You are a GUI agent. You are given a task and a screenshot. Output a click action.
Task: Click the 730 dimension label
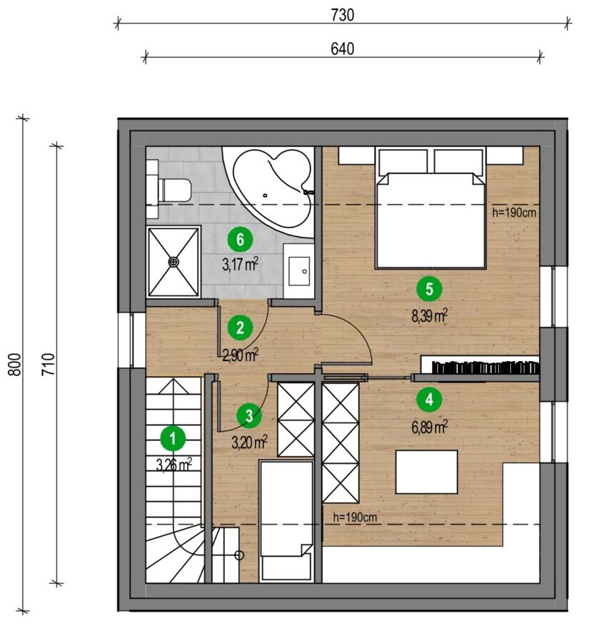pos(343,15)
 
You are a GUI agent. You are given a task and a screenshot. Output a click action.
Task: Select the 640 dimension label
pos(343,49)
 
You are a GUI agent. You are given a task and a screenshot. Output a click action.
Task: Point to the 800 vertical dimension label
pos(15,364)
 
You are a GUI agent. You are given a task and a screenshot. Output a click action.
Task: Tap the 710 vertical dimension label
pos(49,364)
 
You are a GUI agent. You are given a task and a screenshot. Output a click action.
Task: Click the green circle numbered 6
pos(240,240)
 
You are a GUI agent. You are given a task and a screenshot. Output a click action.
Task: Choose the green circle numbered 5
pos(429,289)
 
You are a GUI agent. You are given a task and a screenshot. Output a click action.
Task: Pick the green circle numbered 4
pos(429,400)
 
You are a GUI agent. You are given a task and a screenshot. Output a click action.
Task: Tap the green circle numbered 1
pos(173,439)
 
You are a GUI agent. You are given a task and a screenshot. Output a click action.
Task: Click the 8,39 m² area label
pos(430,316)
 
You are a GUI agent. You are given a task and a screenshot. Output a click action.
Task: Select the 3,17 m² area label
pos(240,264)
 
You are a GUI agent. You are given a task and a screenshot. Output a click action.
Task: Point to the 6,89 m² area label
pos(430,427)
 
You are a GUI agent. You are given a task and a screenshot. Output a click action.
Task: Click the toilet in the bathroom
pos(174,191)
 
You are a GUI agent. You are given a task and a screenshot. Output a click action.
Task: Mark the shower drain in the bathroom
pos(173,263)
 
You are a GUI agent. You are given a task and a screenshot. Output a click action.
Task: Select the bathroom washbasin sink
pos(299,271)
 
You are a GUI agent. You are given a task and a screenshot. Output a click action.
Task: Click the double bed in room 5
pos(430,208)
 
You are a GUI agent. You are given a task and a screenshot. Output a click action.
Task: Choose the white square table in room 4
pos(426,472)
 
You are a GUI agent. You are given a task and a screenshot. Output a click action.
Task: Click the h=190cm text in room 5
pos(514,212)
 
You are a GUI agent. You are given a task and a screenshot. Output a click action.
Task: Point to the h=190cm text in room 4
pos(355,517)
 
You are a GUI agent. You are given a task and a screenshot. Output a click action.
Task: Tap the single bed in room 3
pos(286,521)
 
